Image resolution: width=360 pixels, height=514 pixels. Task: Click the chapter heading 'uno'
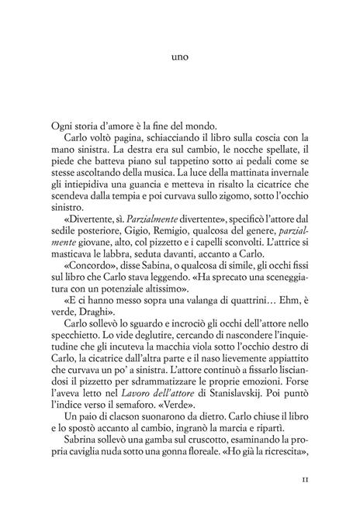[180, 57]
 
